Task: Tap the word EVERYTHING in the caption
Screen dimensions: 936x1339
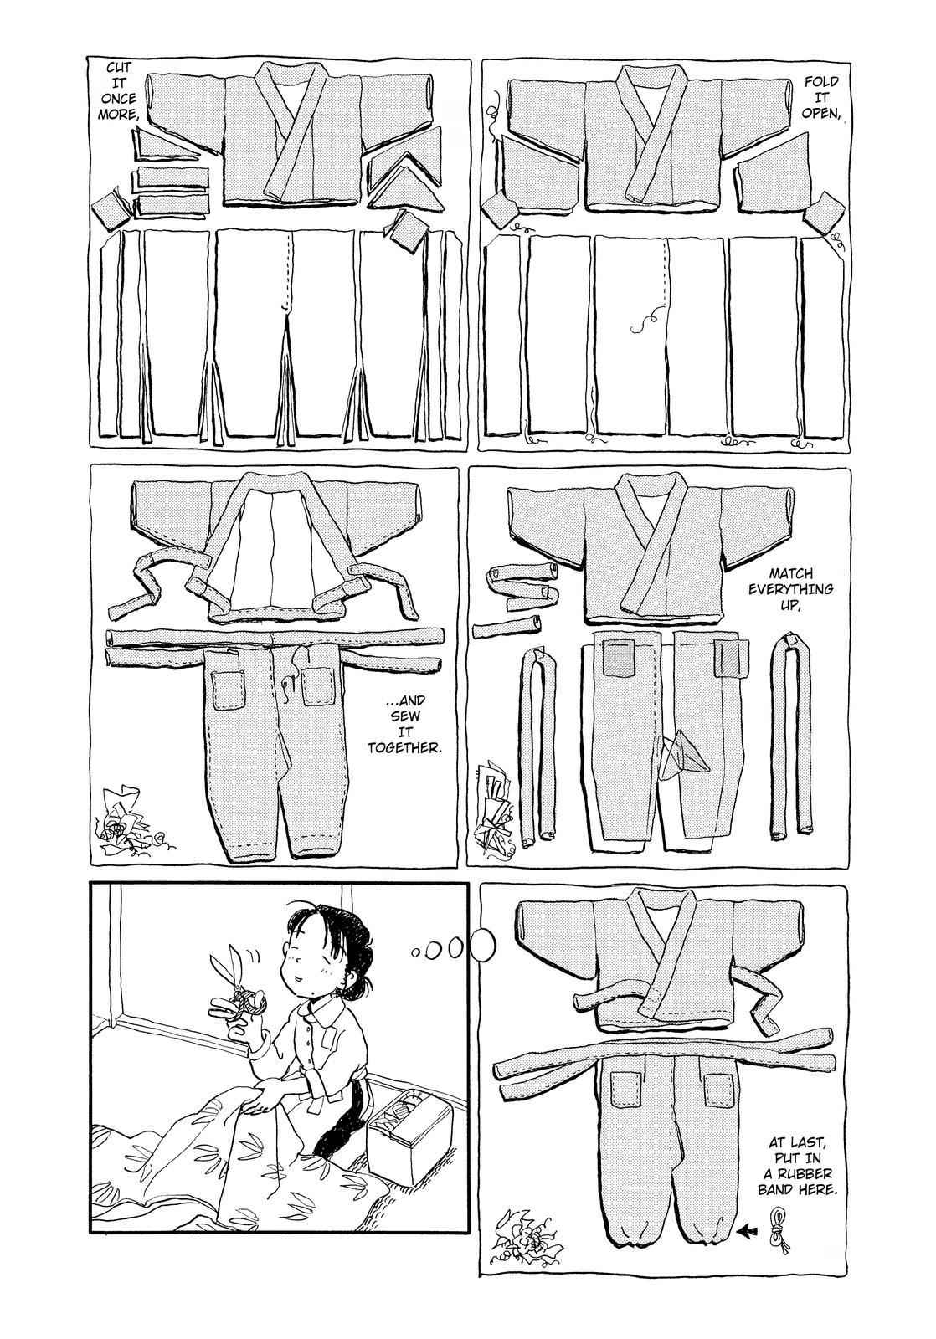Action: [790, 588]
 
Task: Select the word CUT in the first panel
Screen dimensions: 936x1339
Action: [118, 69]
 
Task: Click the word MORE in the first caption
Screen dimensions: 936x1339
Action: [118, 114]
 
